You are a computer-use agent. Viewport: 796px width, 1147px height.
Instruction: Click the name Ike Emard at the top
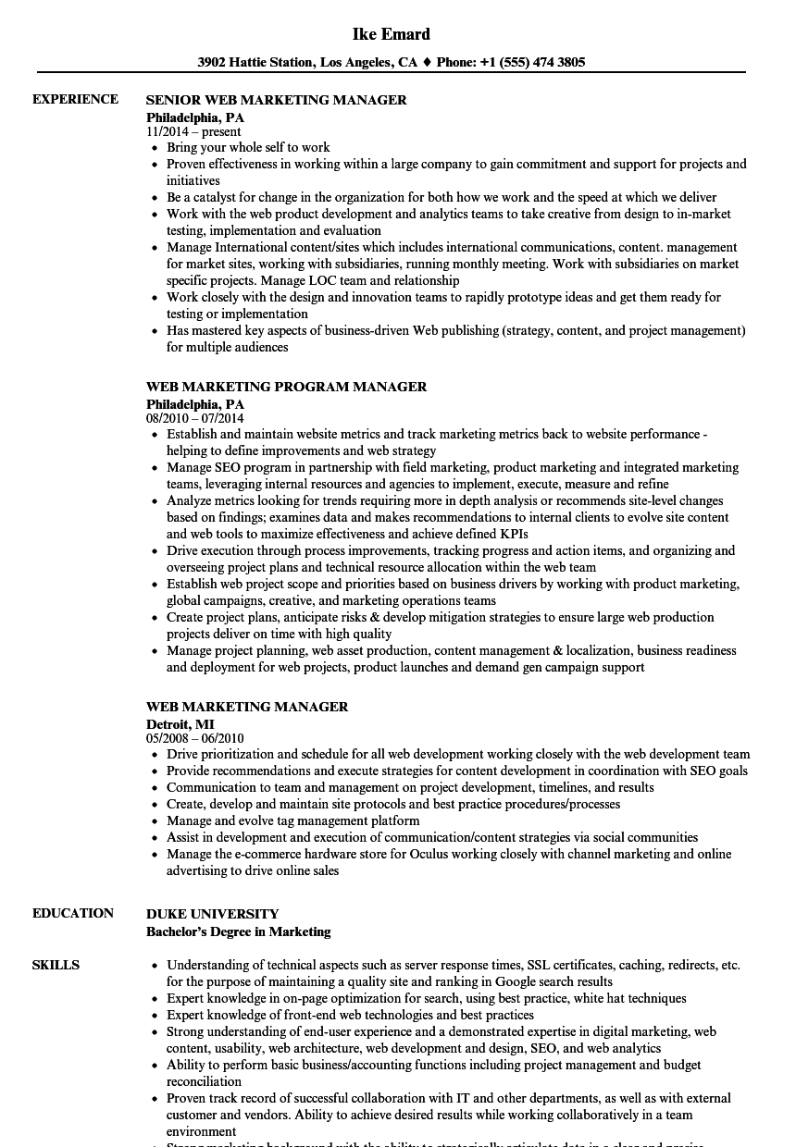click(x=392, y=34)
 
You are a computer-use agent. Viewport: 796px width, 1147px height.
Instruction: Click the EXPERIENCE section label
click(x=75, y=99)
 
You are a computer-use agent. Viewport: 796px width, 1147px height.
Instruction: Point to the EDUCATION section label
click(x=73, y=913)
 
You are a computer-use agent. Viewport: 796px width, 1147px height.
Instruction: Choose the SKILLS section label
click(x=56, y=965)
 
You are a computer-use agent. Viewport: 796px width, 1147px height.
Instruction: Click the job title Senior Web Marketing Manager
click(x=277, y=100)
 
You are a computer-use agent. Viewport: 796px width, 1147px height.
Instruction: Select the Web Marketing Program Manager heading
click(x=286, y=387)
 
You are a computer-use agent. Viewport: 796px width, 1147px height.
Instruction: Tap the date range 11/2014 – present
click(x=193, y=131)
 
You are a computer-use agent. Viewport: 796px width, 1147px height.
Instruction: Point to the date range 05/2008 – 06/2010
click(x=194, y=738)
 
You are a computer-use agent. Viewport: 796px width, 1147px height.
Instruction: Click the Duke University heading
click(x=212, y=914)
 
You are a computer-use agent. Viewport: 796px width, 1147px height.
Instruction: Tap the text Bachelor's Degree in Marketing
click(x=238, y=931)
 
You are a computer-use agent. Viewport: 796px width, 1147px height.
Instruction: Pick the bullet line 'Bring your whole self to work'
click(x=248, y=147)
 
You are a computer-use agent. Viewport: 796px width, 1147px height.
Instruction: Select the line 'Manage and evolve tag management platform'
click(x=292, y=820)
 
